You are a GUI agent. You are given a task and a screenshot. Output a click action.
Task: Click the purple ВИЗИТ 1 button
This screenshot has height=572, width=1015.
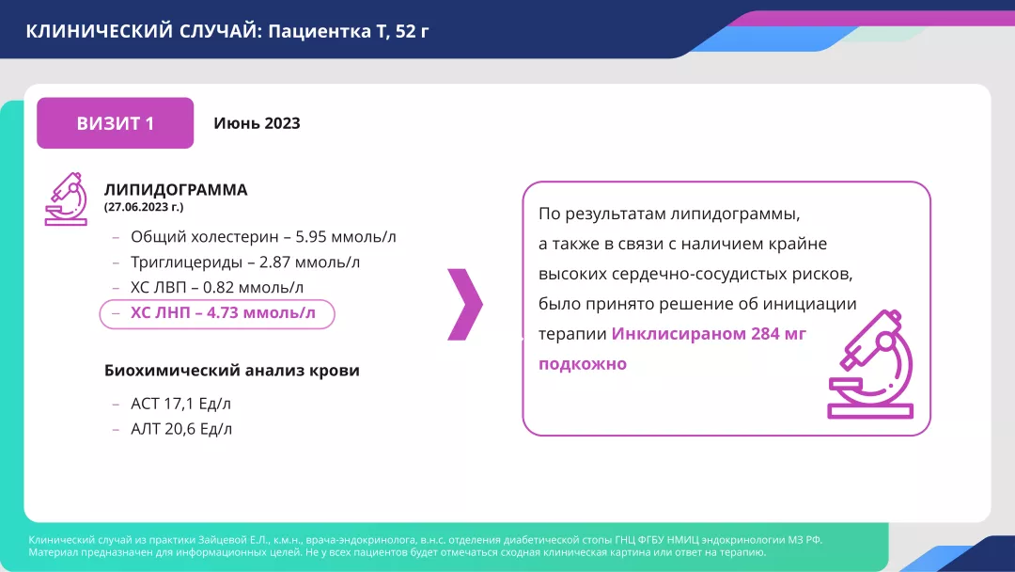[x=115, y=123]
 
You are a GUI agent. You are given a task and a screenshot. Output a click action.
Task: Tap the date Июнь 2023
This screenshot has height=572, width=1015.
[x=257, y=123]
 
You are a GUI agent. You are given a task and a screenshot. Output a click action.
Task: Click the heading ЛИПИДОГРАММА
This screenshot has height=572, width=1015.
[x=176, y=189]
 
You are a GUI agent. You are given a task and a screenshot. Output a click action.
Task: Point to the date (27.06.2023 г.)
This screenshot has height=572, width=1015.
[x=144, y=206]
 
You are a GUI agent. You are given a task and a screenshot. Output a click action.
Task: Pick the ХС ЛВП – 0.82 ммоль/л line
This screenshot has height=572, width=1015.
[x=217, y=287]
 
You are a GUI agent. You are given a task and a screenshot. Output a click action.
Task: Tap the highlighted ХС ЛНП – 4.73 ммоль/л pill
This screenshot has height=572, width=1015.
[x=217, y=313]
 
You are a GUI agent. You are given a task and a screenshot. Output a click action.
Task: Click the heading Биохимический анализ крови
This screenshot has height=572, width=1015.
[x=232, y=370]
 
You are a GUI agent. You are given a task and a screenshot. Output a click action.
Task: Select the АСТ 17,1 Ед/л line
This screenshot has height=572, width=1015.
[x=181, y=404]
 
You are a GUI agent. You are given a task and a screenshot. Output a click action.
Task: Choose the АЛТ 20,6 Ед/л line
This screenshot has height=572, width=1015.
[x=181, y=429]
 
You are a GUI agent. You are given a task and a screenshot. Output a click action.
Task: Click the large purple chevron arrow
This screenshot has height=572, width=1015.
[x=465, y=304]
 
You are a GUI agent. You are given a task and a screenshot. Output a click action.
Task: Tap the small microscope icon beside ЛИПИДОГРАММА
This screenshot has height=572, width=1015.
[x=66, y=199]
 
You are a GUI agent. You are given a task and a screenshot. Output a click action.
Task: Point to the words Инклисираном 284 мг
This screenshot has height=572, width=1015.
[x=709, y=334]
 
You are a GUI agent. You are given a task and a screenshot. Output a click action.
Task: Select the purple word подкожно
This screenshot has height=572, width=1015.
[x=582, y=364]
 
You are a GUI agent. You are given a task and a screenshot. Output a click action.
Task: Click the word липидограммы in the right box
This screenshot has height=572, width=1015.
[x=742, y=214]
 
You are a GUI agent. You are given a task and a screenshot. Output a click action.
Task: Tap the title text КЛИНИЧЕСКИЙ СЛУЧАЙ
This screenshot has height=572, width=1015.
[x=139, y=31]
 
